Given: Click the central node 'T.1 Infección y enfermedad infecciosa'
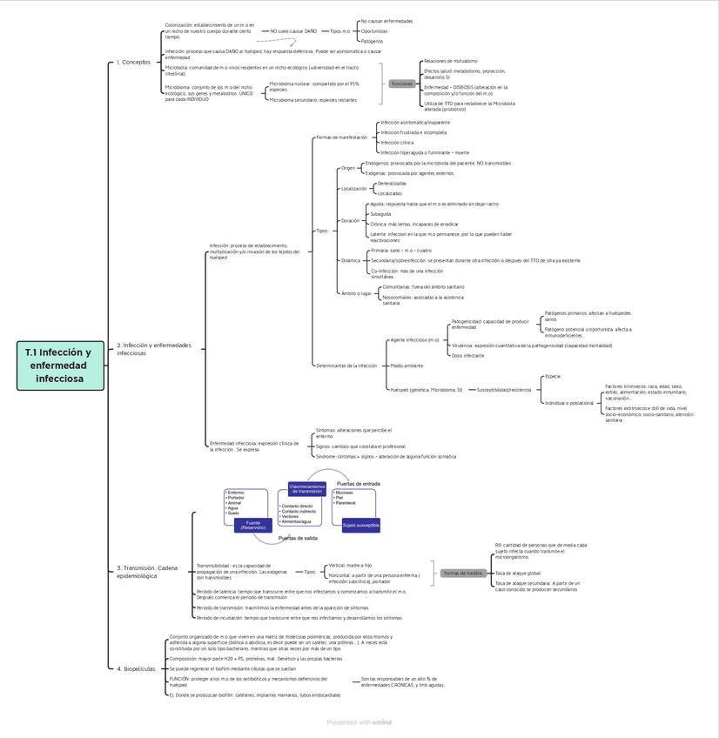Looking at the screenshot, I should (x=59, y=366).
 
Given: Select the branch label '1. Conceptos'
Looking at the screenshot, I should (x=133, y=63).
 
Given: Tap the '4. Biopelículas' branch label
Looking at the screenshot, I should (x=136, y=669).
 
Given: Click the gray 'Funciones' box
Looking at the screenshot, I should (x=402, y=84).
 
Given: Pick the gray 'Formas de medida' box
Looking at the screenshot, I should (x=462, y=573).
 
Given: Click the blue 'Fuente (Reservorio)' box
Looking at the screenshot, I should (x=252, y=526).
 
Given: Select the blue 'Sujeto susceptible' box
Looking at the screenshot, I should (x=360, y=526).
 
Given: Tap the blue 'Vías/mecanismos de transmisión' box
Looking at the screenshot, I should (x=306, y=489).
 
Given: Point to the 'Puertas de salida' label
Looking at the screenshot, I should (x=298, y=539).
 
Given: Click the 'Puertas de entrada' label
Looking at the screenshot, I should (x=358, y=483).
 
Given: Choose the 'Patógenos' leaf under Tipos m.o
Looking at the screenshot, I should (x=372, y=41).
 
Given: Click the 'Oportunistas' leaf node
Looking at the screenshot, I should (x=374, y=31).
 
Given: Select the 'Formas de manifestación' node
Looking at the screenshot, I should (x=342, y=138).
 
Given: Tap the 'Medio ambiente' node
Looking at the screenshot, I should (x=407, y=366).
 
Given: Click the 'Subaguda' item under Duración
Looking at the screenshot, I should (x=380, y=214).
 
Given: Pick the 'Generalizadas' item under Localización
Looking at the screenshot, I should (x=392, y=184).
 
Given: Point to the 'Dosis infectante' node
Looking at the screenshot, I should (x=468, y=355).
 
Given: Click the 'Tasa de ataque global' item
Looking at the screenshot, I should (x=518, y=574).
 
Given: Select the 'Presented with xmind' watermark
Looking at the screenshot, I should (x=359, y=722).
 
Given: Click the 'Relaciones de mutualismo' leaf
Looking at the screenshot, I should (x=450, y=61).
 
